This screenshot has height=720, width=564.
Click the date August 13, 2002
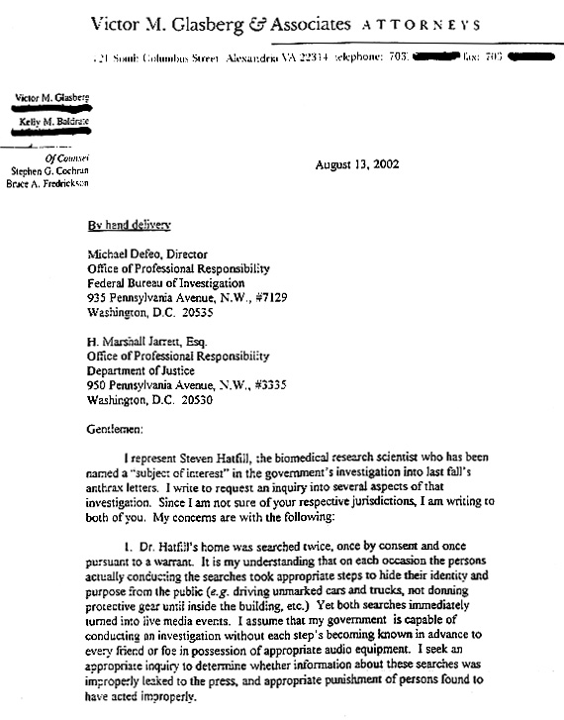[356, 164]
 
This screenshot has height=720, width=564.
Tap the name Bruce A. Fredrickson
[47, 184]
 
